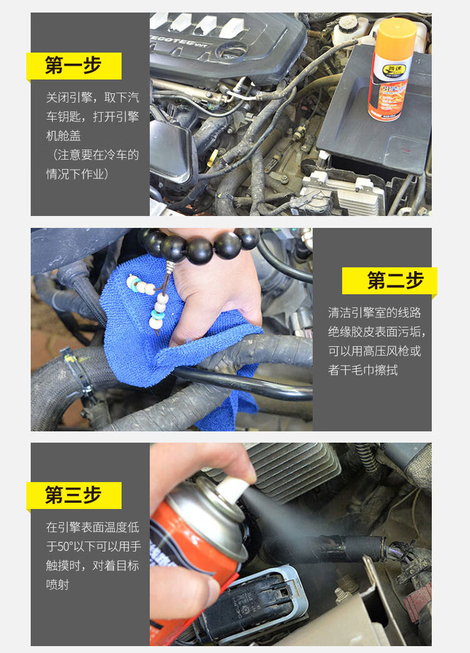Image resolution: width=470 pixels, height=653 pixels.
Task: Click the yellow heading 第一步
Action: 73,65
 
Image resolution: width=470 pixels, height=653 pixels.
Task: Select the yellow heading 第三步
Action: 73,495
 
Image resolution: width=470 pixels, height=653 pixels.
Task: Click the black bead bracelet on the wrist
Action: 200,245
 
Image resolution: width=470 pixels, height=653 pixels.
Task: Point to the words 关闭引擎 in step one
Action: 69,98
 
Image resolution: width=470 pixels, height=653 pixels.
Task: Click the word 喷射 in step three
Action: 58,584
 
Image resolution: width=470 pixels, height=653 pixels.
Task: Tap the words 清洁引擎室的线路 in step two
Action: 375,313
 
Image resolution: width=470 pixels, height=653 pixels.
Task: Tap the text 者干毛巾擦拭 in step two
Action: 363,370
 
